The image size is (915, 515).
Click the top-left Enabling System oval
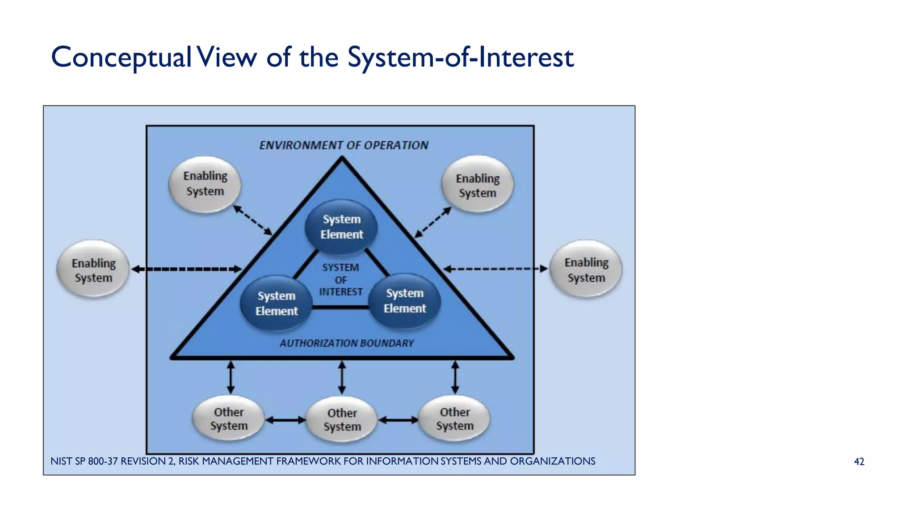coord(205,184)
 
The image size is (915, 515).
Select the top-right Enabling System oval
coord(477,185)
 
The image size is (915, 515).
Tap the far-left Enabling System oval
coord(93,270)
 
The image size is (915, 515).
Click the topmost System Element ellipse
coord(341,227)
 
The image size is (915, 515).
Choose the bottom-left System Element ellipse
coord(277,303)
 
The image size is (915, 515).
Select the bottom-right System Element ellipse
coord(405,300)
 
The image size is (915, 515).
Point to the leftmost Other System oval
coord(229,419)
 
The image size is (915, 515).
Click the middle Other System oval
coord(342,419)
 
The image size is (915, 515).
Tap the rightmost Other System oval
coord(455,418)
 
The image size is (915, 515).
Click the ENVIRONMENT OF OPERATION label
coord(344,145)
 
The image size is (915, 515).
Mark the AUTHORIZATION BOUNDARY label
coord(347,343)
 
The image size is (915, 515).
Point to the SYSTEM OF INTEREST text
coord(341,280)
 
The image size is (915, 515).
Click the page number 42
coord(859,462)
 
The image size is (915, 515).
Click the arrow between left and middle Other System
coord(285,420)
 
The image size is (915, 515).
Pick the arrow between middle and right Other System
coord(398,420)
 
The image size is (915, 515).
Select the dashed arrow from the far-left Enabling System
coord(187,269)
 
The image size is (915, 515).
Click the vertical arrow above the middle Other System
coord(342,378)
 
